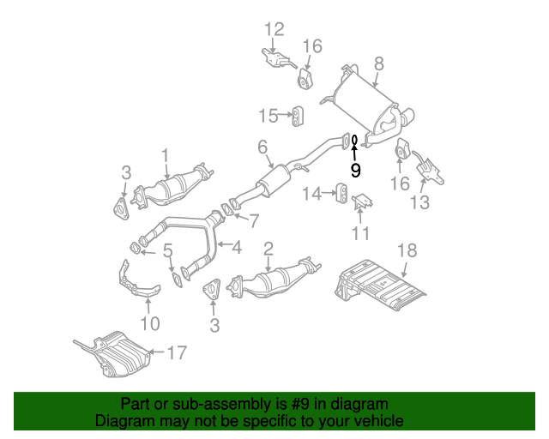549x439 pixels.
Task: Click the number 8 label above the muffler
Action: point(378,63)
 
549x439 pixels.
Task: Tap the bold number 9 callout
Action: point(356,170)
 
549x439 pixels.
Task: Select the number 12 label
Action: point(274,30)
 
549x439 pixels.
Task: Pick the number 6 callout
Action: point(262,147)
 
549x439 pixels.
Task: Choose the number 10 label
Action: point(150,323)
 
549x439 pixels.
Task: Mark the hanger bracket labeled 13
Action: point(428,169)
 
